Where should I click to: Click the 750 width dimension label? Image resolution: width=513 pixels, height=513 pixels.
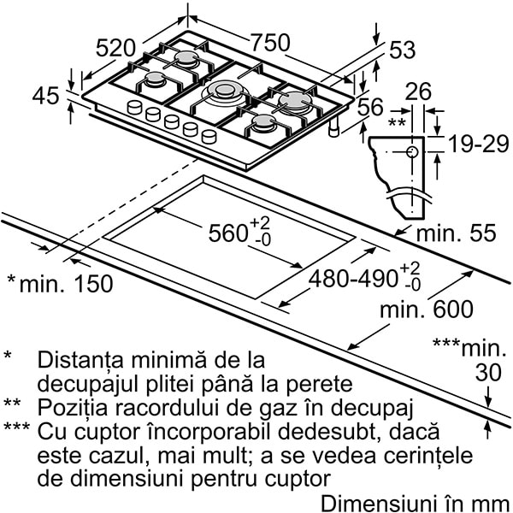[270, 43]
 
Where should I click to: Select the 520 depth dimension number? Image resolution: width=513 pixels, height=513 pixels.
[115, 48]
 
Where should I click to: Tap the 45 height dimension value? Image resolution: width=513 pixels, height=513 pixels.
[46, 96]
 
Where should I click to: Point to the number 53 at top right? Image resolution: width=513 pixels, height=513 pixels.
[403, 50]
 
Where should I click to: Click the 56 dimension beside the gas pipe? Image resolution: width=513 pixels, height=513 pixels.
[370, 107]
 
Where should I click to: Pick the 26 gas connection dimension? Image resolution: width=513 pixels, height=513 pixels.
[418, 91]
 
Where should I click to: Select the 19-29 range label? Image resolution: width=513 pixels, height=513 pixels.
[479, 144]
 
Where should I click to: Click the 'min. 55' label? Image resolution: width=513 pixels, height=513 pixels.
[456, 233]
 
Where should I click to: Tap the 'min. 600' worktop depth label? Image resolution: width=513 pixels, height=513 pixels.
[427, 309]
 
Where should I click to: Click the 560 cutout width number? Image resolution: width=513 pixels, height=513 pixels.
[228, 233]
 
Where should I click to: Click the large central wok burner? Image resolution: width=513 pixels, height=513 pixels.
[223, 91]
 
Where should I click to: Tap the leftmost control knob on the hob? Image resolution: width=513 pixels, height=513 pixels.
[134, 107]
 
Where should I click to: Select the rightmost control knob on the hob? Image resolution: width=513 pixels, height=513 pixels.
[209, 136]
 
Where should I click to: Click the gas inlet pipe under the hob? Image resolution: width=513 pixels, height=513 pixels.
[334, 128]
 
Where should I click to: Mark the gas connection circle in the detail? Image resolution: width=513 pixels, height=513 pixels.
[412, 152]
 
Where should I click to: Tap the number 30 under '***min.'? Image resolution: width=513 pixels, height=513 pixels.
[488, 373]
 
